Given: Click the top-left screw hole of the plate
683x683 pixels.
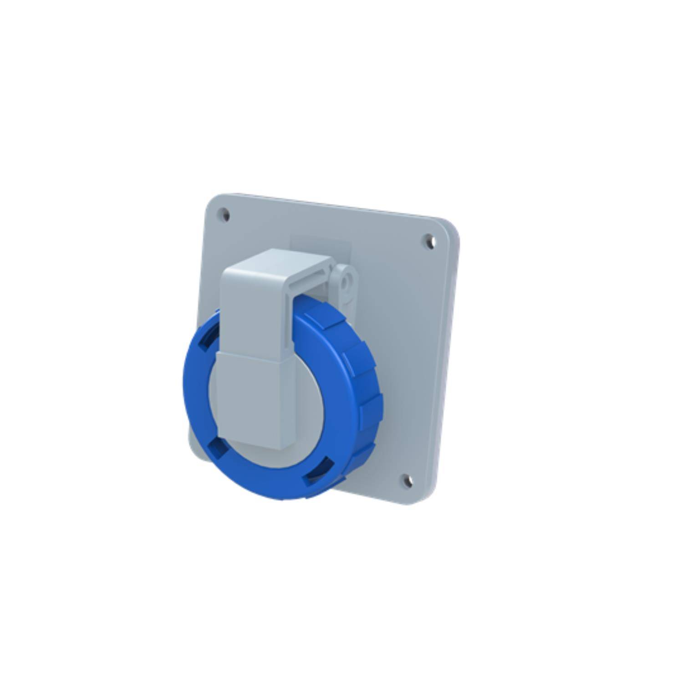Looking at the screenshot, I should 224,215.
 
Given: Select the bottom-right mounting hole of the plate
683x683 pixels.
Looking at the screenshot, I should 406,479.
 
